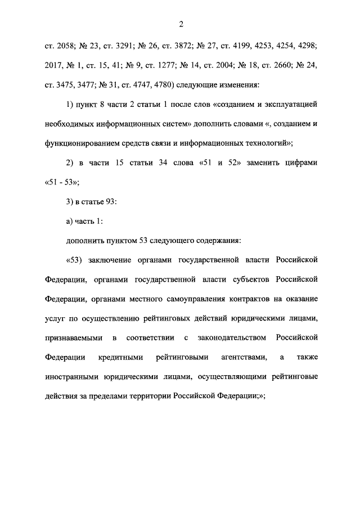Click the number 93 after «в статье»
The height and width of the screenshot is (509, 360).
(111, 202)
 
